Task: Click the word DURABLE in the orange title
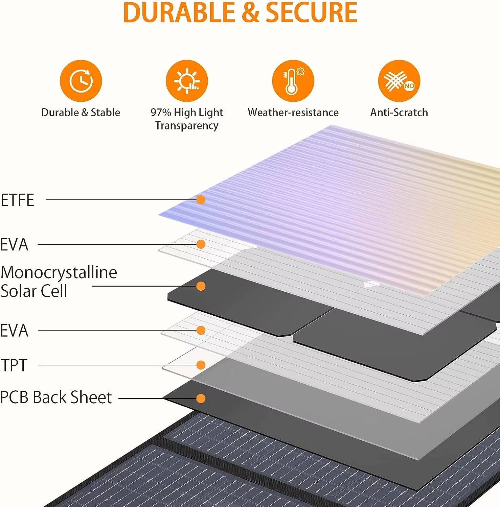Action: [x=180, y=13]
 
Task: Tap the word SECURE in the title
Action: [x=311, y=13]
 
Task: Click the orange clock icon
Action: [x=81, y=81]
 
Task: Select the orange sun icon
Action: [x=187, y=81]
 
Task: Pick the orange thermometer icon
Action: [x=293, y=81]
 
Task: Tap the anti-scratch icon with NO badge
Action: [x=399, y=81]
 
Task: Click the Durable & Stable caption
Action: [x=81, y=112]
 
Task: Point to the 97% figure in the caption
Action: [x=161, y=112]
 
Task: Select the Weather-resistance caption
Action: [x=293, y=112]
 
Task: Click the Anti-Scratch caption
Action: [x=399, y=112]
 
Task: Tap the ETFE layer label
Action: [x=18, y=200]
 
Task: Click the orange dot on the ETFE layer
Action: [x=201, y=200]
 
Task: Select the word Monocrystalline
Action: [x=59, y=272]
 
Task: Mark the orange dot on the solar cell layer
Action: [x=201, y=286]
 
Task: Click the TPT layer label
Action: [x=14, y=365]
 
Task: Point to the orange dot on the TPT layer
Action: [x=201, y=365]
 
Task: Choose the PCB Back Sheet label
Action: [x=56, y=397]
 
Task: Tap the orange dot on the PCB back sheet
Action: [x=201, y=399]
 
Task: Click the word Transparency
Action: [x=187, y=126]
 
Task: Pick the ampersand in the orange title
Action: [x=250, y=13]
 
